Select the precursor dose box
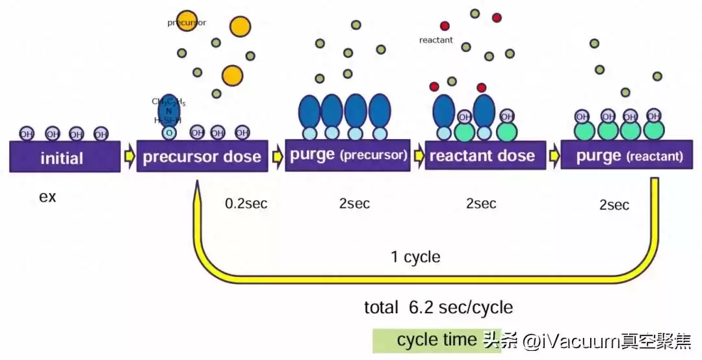[202, 157]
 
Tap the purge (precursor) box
[348, 156]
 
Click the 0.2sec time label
[246, 203]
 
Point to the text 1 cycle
[415, 257]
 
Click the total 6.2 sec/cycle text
[439, 307]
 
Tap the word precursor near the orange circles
[187, 23]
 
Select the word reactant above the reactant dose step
[436, 40]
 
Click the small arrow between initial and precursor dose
[129, 157]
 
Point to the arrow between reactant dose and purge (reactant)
[553, 156]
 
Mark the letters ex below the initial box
[47, 197]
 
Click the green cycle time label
[426, 340]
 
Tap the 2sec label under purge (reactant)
[614, 205]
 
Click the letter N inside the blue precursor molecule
[168, 111]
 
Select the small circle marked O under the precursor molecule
[169, 133]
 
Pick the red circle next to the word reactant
[445, 26]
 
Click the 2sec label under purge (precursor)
[354, 203]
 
